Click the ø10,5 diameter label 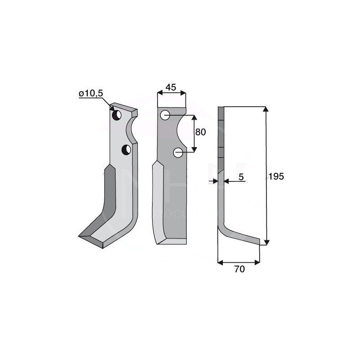(x=91, y=93)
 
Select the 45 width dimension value (x=171, y=87)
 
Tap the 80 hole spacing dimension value (x=200, y=132)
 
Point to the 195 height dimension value (x=276, y=176)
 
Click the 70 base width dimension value (x=239, y=269)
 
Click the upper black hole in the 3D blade (x=117, y=115)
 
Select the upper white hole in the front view (x=166, y=115)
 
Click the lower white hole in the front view (x=178, y=153)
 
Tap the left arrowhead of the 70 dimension (x=220, y=261)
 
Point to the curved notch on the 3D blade (x=131, y=128)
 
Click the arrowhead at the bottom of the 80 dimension (x=194, y=149)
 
